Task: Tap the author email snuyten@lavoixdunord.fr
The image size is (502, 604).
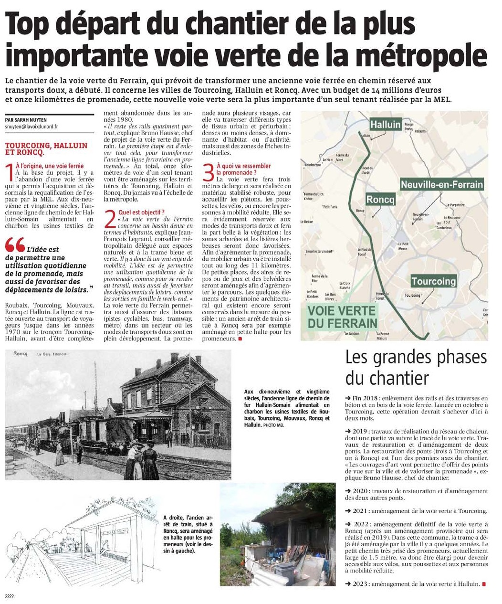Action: tap(31, 127)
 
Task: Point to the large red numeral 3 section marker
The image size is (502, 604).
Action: tap(208, 172)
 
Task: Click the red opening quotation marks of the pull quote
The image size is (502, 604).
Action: tap(15, 246)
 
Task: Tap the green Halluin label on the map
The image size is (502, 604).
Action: tap(385, 124)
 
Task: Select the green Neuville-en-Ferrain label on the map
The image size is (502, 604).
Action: tap(441, 184)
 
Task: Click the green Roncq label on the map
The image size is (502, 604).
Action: tap(380, 200)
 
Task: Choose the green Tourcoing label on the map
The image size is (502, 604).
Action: tap(433, 281)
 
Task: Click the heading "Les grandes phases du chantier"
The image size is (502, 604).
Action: tap(416, 367)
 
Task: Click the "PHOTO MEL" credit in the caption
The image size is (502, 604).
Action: tap(273, 425)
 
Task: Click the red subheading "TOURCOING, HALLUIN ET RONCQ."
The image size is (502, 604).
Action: tap(46, 149)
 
